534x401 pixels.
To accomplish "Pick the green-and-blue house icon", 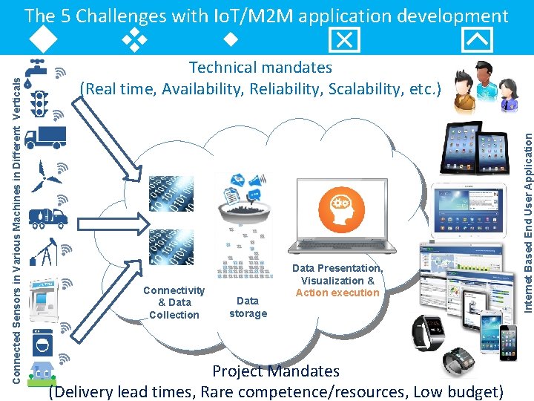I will click(42, 371).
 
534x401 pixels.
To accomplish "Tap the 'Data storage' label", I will click(248, 307).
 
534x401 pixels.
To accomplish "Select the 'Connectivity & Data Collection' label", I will click(174, 302).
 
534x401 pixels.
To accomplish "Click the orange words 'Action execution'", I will click(337, 293).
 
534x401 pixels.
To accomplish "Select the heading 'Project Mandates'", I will click(275, 371).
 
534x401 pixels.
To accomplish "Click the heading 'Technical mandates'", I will click(260, 68).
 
